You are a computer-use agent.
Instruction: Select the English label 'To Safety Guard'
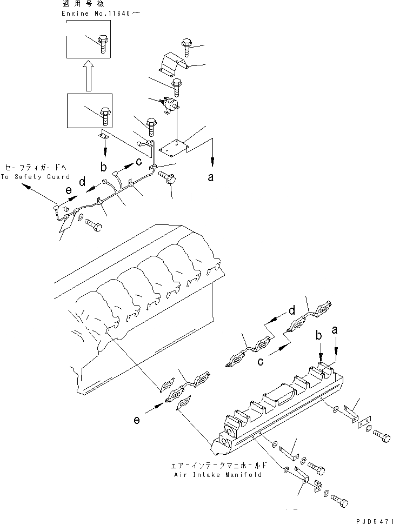click(x=35, y=177)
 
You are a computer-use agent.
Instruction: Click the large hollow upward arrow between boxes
click(x=86, y=76)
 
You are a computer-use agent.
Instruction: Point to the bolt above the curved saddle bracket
click(x=186, y=47)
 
